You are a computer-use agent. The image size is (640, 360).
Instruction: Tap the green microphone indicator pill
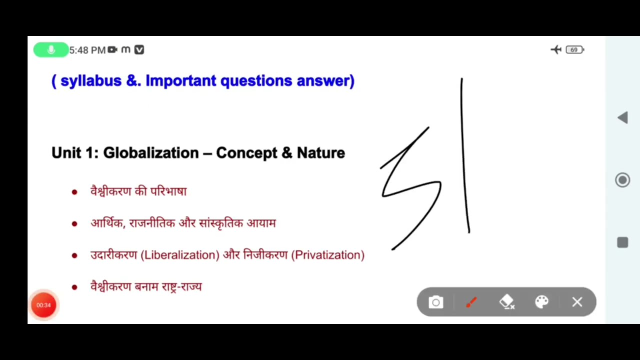tap(50, 50)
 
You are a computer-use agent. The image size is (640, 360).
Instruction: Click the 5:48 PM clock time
tap(87, 50)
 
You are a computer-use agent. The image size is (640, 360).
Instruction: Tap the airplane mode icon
tap(556, 49)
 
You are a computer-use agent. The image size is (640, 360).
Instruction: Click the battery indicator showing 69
tap(574, 49)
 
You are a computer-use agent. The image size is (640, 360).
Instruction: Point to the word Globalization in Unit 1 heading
tap(151, 153)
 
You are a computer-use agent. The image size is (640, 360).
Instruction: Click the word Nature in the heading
tap(320, 153)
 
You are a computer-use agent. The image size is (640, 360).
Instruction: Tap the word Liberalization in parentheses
tap(180, 255)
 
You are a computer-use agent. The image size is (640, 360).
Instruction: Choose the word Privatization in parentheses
tap(329, 255)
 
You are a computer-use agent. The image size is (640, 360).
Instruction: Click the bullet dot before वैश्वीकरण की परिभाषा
tap(74, 192)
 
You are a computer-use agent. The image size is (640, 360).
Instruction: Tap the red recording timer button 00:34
tap(43, 305)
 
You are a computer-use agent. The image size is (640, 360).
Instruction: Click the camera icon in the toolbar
tap(436, 302)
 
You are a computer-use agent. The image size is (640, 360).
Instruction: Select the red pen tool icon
tap(471, 302)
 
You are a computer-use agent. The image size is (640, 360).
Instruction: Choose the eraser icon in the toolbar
tap(506, 302)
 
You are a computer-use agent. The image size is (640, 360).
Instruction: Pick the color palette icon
tap(542, 302)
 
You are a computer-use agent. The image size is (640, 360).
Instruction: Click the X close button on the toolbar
tap(577, 302)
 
